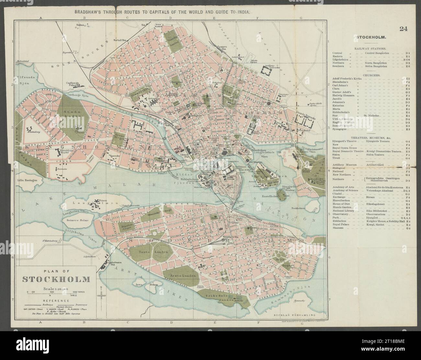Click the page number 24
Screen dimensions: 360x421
(403, 29)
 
